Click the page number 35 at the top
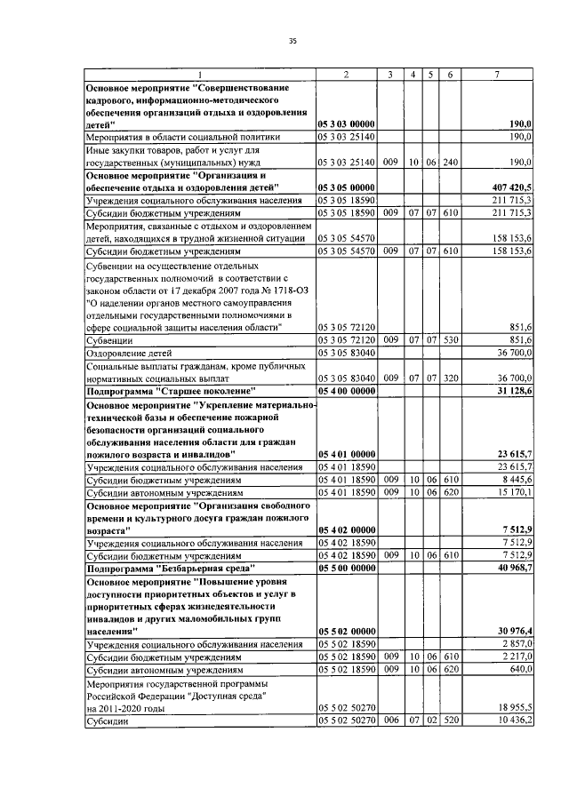292,40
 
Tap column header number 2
345,74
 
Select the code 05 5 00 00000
346,566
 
